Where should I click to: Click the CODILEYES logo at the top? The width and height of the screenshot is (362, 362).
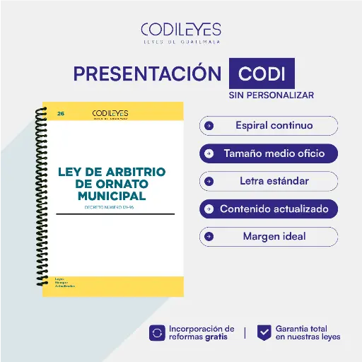click(x=181, y=32)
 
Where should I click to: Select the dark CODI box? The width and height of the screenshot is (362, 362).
click(x=262, y=74)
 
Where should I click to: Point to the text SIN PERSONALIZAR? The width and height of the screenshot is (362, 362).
click(x=271, y=95)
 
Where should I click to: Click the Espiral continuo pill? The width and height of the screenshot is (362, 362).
click(x=269, y=126)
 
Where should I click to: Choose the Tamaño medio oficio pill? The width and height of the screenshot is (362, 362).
click(x=269, y=153)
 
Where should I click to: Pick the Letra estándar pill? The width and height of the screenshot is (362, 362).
click(x=269, y=181)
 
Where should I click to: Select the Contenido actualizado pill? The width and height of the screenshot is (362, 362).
click(x=269, y=209)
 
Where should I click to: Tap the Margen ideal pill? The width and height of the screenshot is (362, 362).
click(x=269, y=236)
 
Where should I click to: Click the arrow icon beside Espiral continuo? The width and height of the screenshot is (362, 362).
click(x=209, y=126)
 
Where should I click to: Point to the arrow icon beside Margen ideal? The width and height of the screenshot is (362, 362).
click(x=209, y=236)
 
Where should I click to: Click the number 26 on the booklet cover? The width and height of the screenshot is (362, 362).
click(x=61, y=113)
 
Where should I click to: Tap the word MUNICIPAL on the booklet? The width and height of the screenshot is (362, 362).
click(x=112, y=195)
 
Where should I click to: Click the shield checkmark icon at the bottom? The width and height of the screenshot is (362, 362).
click(x=264, y=332)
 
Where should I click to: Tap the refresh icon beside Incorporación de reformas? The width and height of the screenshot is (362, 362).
click(x=157, y=332)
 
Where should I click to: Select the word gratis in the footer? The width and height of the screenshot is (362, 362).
click(x=217, y=337)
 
